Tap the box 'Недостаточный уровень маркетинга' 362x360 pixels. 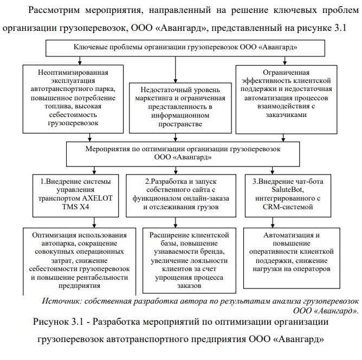174,106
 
